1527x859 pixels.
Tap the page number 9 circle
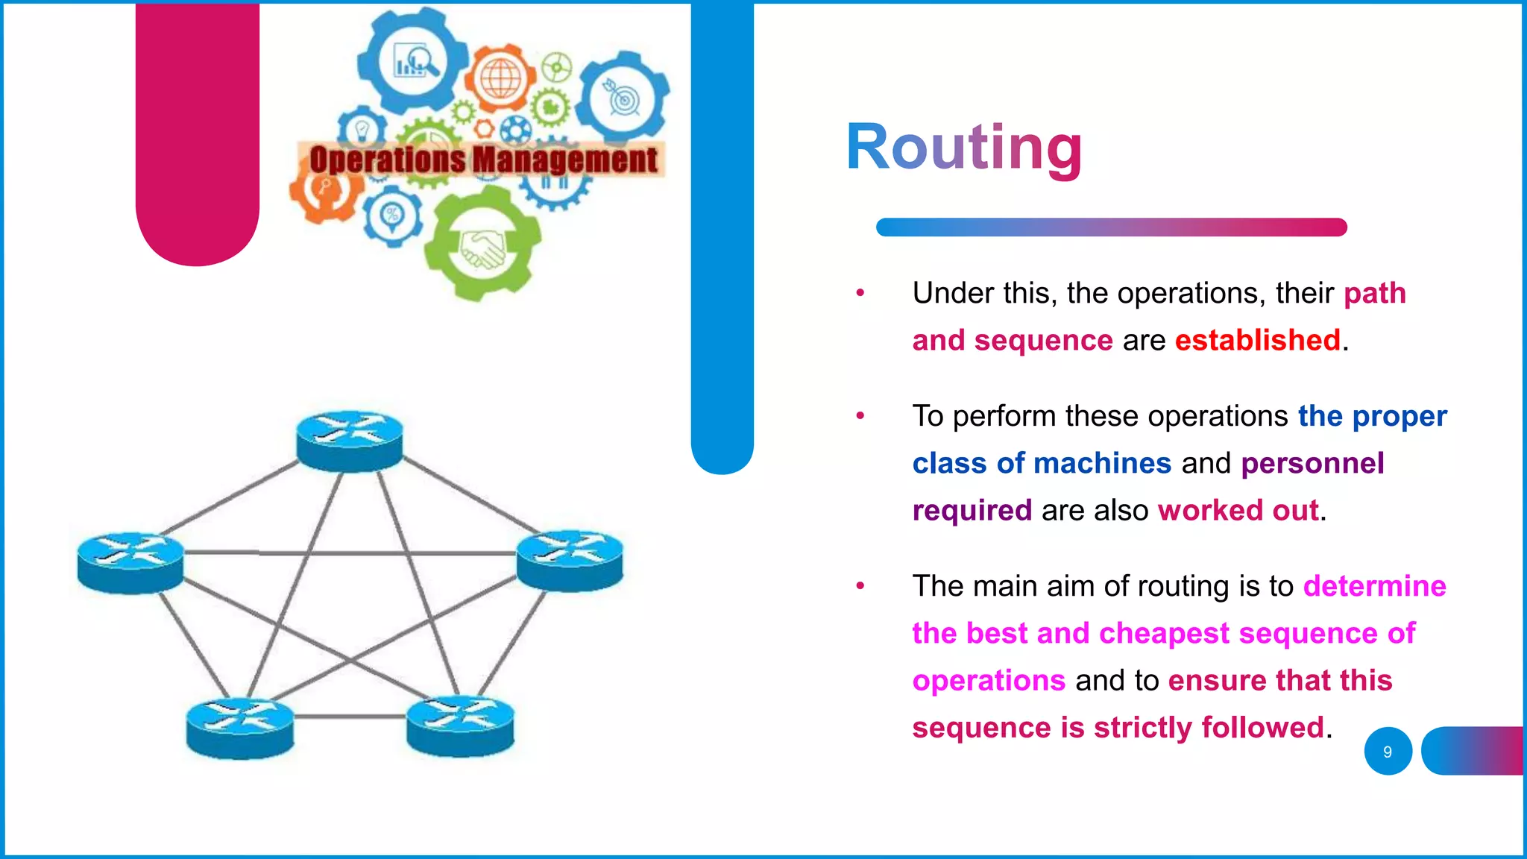(x=1388, y=752)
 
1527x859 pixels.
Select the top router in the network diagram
(x=349, y=441)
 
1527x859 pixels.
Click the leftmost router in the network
(x=130, y=562)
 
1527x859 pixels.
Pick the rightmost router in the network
(x=570, y=560)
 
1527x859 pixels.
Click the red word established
(x=1257, y=341)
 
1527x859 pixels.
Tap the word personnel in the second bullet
(x=1312, y=464)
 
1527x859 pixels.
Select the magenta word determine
(x=1374, y=587)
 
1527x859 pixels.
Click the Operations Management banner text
(x=483, y=160)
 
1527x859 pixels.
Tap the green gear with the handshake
(x=482, y=246)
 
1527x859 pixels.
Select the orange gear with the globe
(x=501, y=79)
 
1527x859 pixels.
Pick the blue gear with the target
(x=624, y=98)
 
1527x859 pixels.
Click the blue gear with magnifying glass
(x=412, y=61)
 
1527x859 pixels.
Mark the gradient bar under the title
(x=1111, y=227)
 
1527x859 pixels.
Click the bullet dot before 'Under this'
(x=860, y=293)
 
